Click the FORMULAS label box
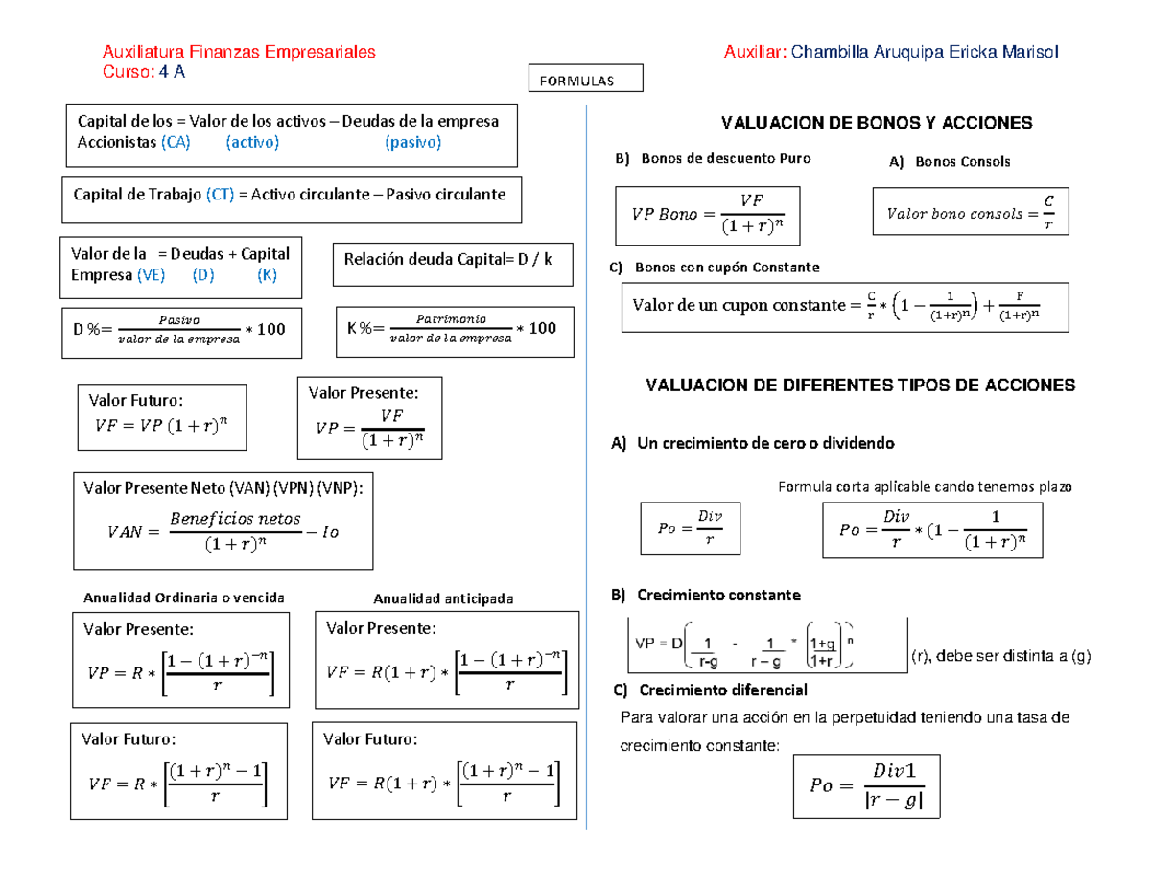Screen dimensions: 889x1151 pyautogui.click(x=586, y=80)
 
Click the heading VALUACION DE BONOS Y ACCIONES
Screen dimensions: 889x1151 pyautogui.click(x=877, y=123)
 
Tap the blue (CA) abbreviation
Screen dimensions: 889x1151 pyautogui.click(x=176, y=143)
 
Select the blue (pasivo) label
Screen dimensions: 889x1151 pyautogui.click(x=412, y=143)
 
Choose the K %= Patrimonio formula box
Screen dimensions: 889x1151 pyautogui.click(x=455, y=329)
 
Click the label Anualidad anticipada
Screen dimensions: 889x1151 pyautogui.click(x=443, y=598)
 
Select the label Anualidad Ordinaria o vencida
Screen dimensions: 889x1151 pyautogui.click(x=185, y=597)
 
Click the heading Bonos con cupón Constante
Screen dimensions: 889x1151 pyautogui.click(x=727, y=267)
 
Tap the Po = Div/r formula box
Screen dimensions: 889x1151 pyautogui.click(x=691, y=526)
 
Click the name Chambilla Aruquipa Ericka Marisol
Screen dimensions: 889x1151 pyautogui.click(x=926, y=54)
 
